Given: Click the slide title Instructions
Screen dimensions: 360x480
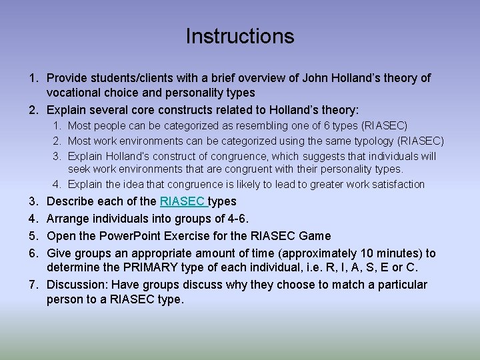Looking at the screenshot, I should click(x=239, y=36).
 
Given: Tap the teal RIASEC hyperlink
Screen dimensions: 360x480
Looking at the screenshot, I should click(x=183, y=201).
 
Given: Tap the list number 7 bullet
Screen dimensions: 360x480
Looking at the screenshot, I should click(x=33, y=285).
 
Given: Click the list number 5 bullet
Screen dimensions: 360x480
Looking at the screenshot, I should click(x=33, y=236).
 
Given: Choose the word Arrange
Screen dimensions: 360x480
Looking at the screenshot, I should click(x=69, y=219).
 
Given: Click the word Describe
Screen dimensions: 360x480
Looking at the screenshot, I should click(x=73, y=201).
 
